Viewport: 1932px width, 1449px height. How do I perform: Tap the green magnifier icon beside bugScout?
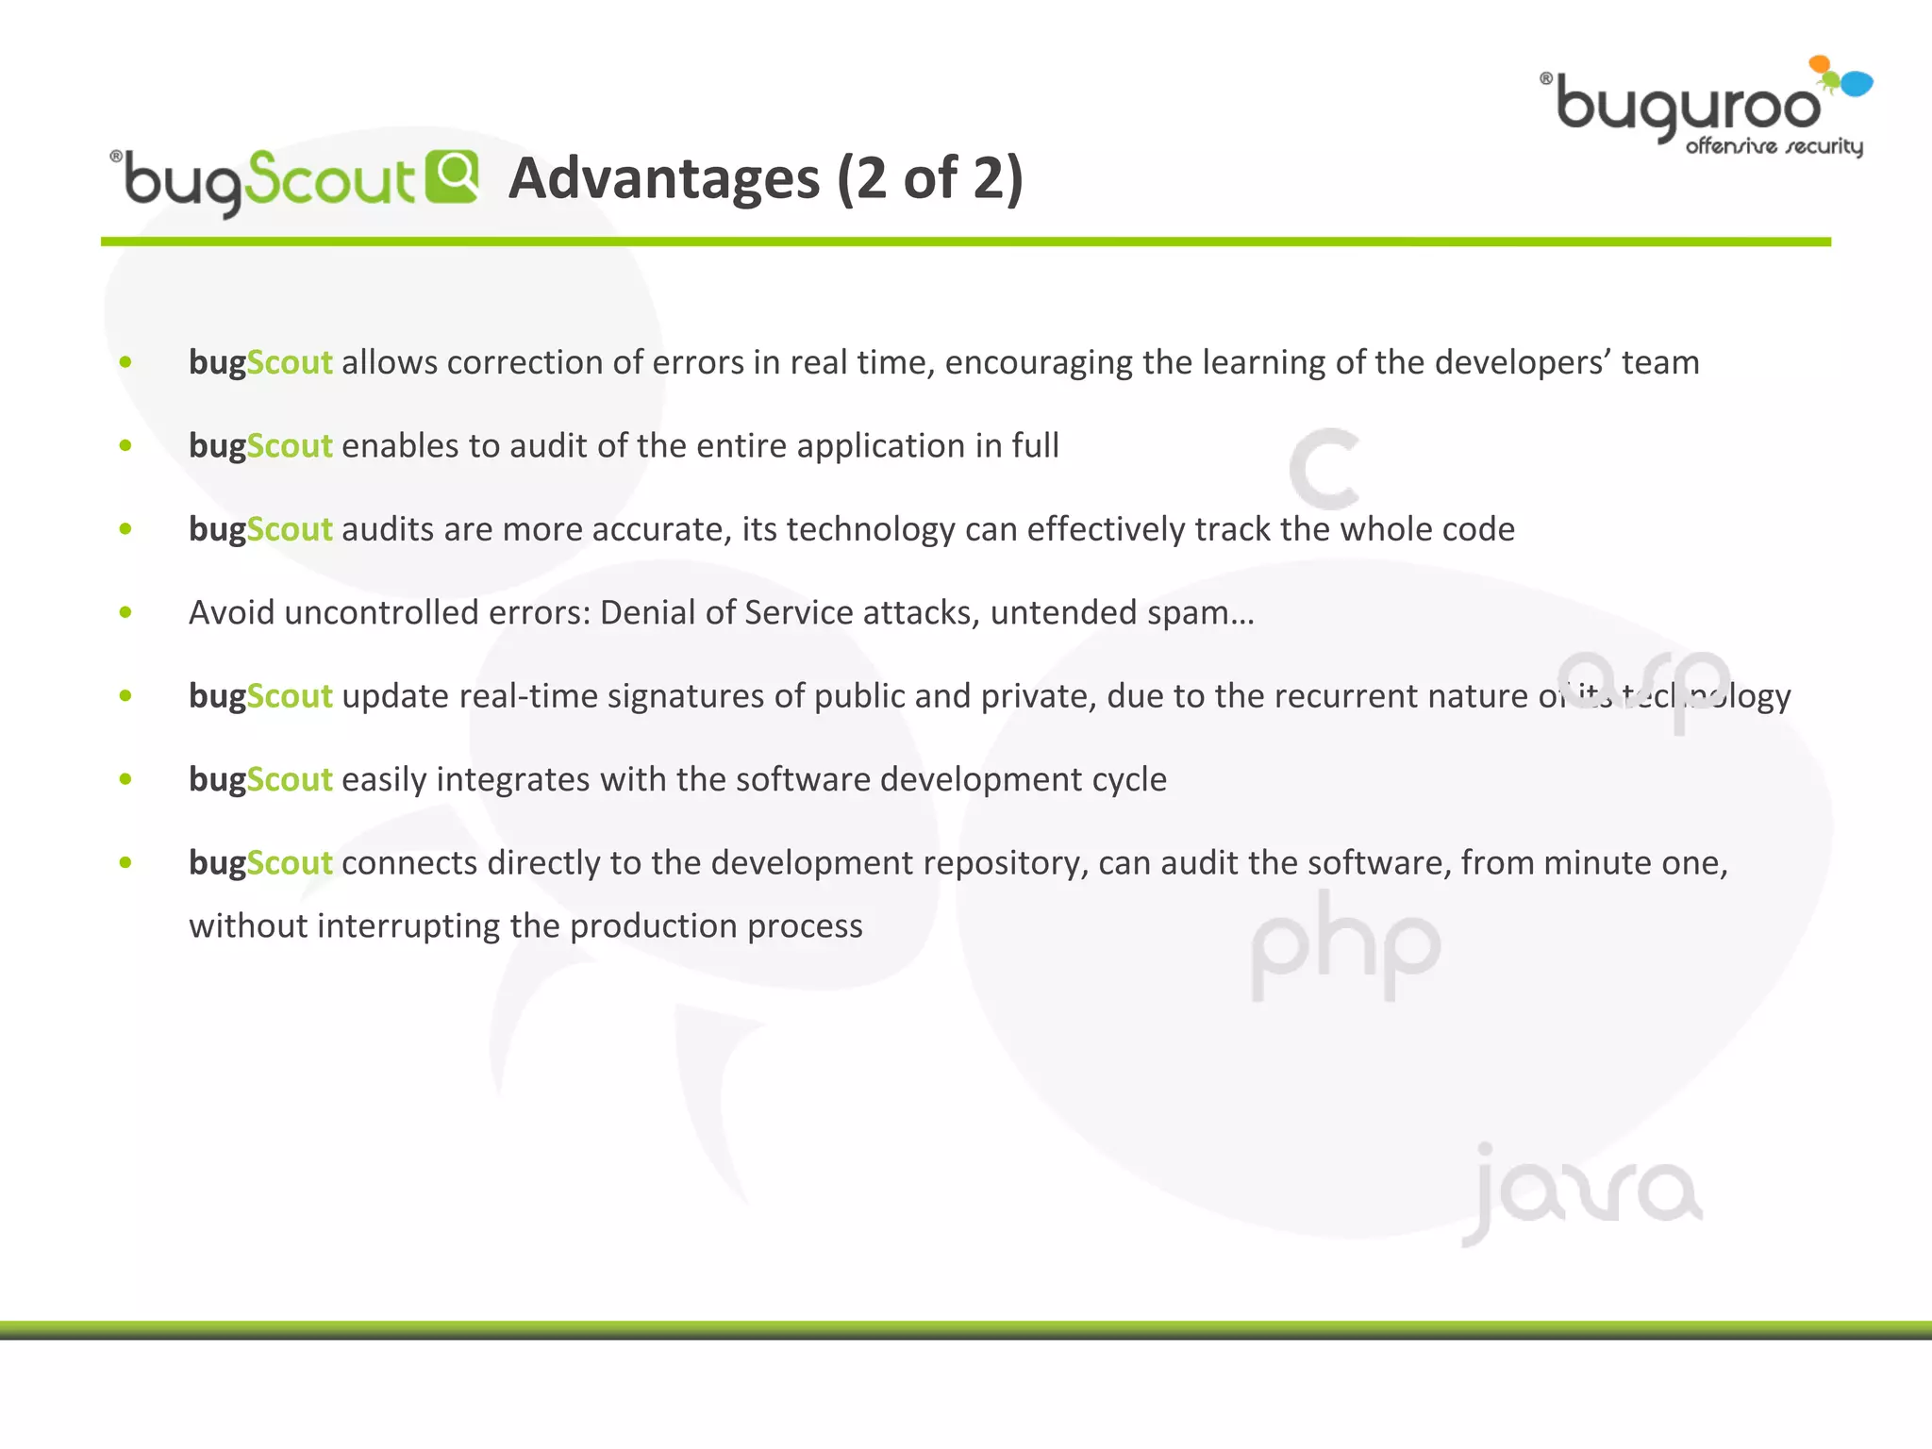(x=452, y=176)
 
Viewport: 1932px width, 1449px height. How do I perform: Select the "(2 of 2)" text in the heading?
(x=929, y=178)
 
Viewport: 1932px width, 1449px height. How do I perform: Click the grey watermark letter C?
(x=1324, y=469)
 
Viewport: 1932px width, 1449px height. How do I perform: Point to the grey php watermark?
(x=1345, y=946)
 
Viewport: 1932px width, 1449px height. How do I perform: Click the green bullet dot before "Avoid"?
(x=125, y=613)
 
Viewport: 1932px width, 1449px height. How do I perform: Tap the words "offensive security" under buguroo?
(x=1774, y=146)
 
